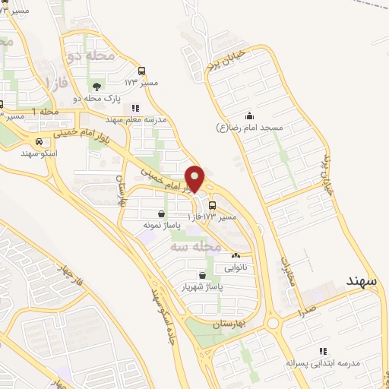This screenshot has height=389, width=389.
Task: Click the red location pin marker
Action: [x=194, y=178]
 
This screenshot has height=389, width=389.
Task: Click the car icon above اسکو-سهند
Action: [x=38, y=141]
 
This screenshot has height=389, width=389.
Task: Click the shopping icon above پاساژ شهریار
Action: [x=202, y=276]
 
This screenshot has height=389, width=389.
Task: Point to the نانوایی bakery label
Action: [x=236, y=268]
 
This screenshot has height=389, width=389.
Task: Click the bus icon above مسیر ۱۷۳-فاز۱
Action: [x=212, y=205]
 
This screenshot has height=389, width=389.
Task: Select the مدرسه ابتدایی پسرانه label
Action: [x=321, y=364]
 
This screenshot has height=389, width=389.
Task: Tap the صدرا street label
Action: [x=307, y=310]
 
